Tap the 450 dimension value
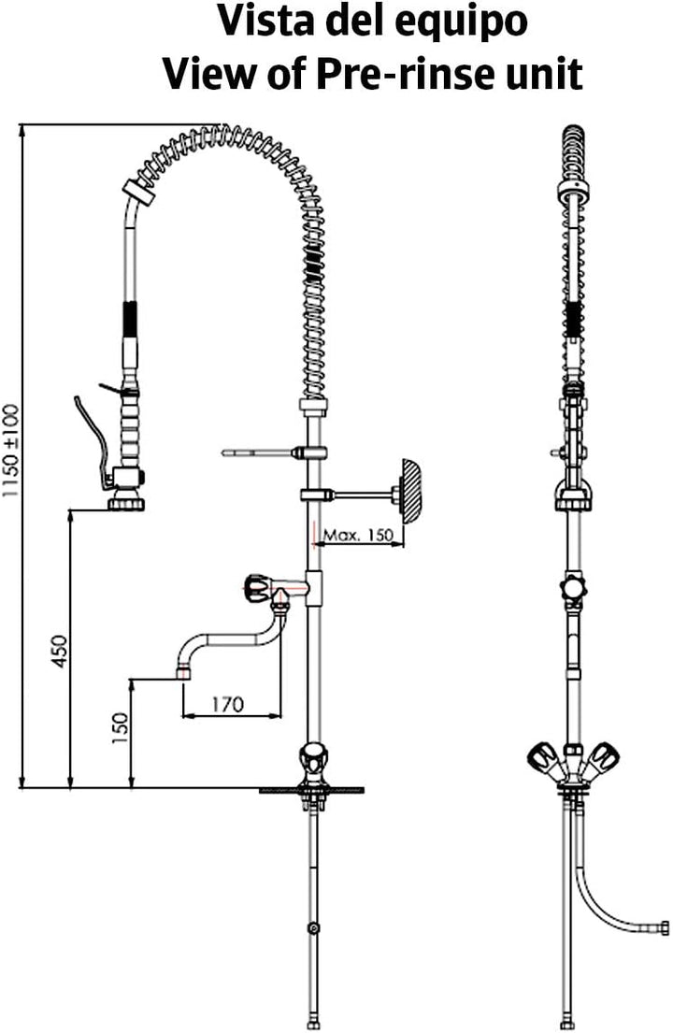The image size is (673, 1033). [60, 651]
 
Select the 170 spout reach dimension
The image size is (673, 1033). [228, 704]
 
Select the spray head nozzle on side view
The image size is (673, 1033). [571, 498]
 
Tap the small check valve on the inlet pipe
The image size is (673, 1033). [314, 929]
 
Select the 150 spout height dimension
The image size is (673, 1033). [121, 728]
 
